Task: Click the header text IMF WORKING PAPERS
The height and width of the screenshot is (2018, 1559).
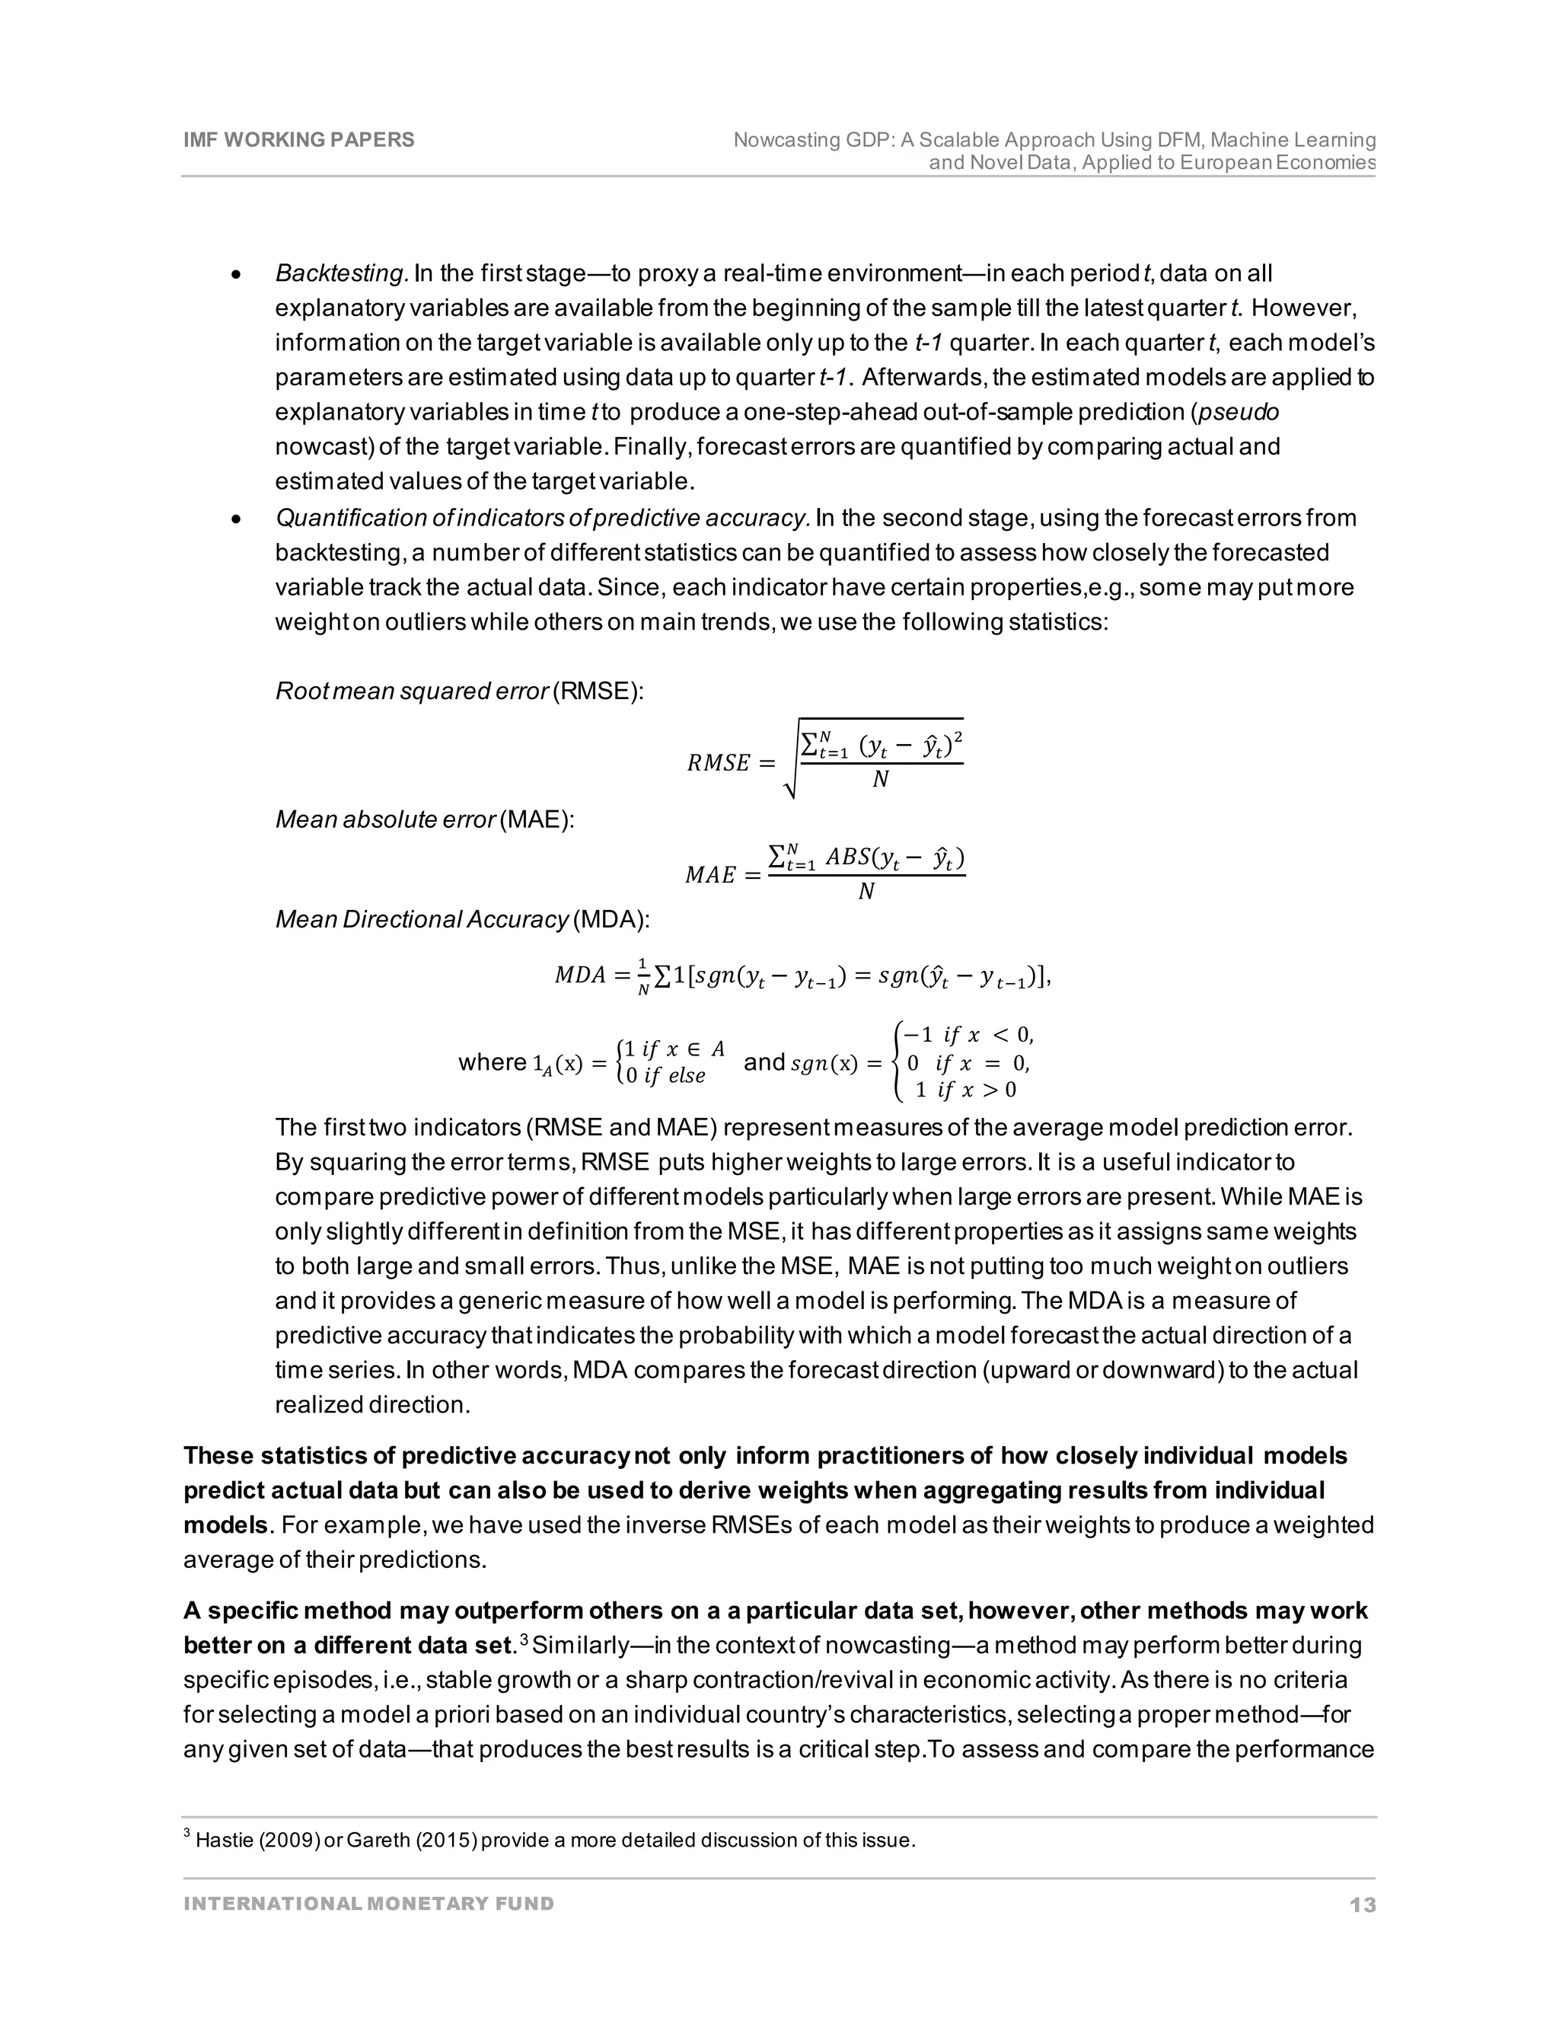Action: (298, 139)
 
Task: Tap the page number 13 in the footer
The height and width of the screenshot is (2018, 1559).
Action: (1363, 1905)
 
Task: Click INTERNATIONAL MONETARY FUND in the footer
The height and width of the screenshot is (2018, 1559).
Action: (368, 1904)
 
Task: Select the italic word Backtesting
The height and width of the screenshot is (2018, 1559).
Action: (342, 273)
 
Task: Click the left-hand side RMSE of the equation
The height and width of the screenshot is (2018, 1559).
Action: (719, 763)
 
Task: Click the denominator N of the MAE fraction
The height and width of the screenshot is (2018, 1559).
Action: (866, 892)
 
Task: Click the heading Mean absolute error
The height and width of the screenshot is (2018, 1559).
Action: (385, 819)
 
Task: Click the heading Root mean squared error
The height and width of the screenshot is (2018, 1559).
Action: (412, 691)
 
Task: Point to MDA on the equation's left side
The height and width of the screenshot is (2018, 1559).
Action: (579, 975)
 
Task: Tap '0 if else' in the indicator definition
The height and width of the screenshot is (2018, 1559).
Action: (665, 1075)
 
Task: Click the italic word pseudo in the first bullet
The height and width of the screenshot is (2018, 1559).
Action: (1242, 412)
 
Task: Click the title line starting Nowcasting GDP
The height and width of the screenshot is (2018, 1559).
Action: (1054, 139)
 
